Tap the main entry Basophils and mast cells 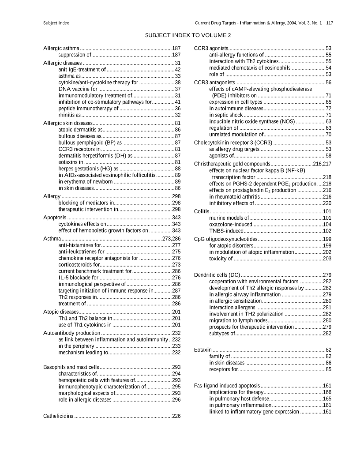[71, 367]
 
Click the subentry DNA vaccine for [78, 89]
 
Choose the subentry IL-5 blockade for [78, 278]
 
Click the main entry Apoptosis [55, 218]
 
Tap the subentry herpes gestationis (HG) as [88, 168]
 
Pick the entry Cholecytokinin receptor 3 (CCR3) [233, 143]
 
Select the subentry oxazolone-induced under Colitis [229, 224]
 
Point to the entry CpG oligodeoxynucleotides [225, 239]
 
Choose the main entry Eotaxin [203, 349]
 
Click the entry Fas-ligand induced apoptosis [227, 385]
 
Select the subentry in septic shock [226, 115]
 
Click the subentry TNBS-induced [226, 230]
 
